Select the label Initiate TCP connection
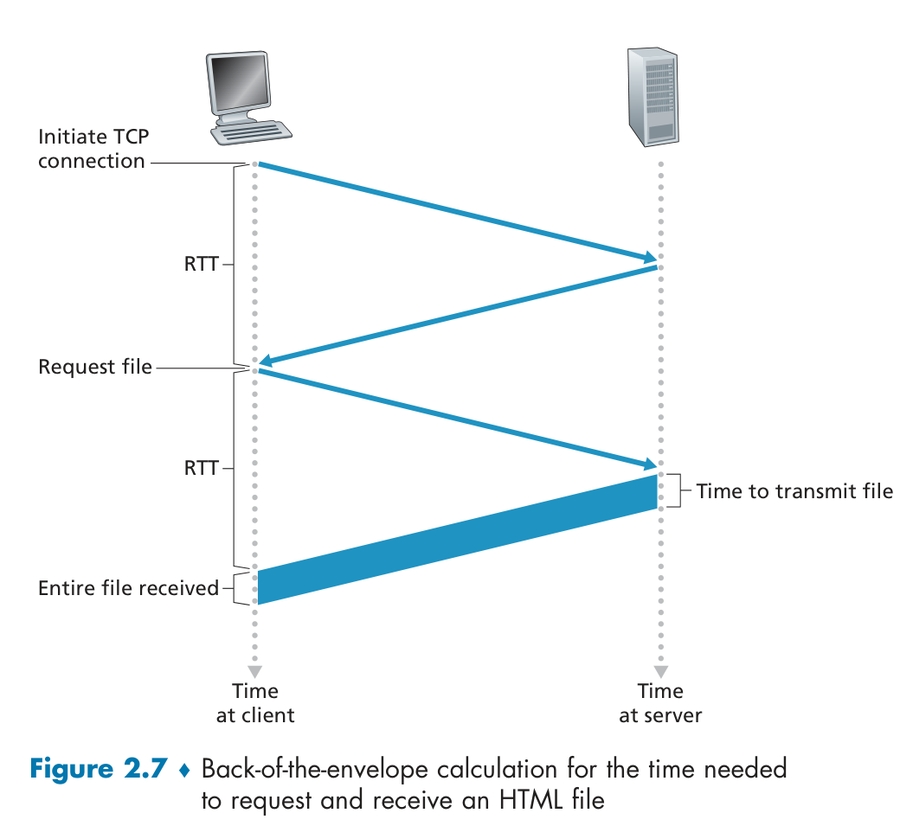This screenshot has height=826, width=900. pyautogui.click(x=92, y=148)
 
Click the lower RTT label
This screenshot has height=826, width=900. pyautogui.click(x=200, y=467)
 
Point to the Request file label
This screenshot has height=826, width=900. pyautogui.click(x=95, y=367)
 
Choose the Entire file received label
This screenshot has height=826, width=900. pyautogui.click(x=128, y=588)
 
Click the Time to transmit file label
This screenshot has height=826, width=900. pyautogui.click(x=794, y=491)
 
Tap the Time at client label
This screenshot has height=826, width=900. pyautogui.click(x=255, y=702)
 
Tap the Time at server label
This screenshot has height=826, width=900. pyautogui.click(x=660, y=702)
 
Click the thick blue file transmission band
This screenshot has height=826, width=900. pyautogui.click(x=457, y=540)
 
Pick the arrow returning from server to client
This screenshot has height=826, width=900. pyautogui.click(x=457, y=315)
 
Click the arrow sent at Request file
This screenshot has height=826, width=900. pyautogui.click(x=457, y=418)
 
